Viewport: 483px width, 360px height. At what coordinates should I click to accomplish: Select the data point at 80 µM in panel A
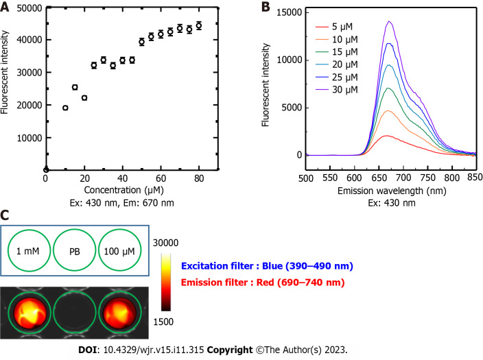(199, 26)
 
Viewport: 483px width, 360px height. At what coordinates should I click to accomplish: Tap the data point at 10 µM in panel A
(65, 108)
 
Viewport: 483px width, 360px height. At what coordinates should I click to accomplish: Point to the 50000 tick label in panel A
(25, 7)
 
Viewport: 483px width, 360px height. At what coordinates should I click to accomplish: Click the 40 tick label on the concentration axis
(122, 179)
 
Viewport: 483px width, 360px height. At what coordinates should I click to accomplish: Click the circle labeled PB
(73, 251)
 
